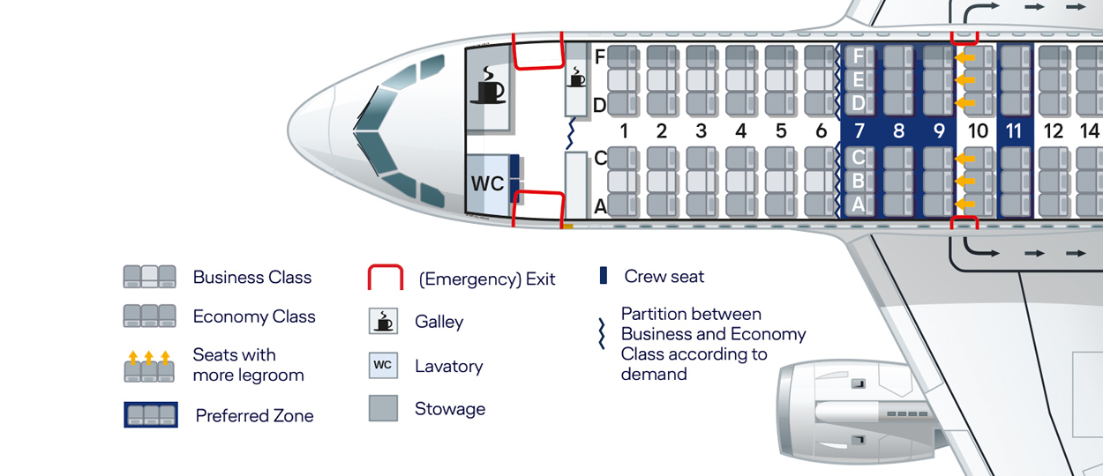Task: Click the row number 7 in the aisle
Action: pyautogui.click(x=859, y=131)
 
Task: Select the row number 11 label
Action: pyautogui.click(x=1014, y=131)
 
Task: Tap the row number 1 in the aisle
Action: pyautogui.click(x=623, y=131)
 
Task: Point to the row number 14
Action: pyautogui.click(x=1090, y=131)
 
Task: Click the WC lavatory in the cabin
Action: pyautogui.click(x=487, y=184)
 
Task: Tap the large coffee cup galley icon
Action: pyautogui.click(x=488, y=86)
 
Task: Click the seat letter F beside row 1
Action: pyautogui.click(x=600, y=57)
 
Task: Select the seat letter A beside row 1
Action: pyautogui.click(x=600, y=207)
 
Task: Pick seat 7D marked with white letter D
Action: pyautogui.click(x=859, y=103)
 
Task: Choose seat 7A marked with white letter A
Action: pyautogui.click(x=859, y=205)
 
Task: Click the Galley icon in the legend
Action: pyautogui.click(x=383, y=322)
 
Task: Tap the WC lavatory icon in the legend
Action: pyautogui.click(x=383, y=365)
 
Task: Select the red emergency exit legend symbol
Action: pyautogui.click(x=385, y=278)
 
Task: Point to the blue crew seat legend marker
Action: pyautogui.click(x=604, y=276)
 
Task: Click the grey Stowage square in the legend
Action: pyautogui.click(x=383, y=408)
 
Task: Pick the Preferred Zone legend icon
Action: pyautogui.click(x=151, y=414)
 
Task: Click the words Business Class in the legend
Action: pyautogui.click(x=252, y=278)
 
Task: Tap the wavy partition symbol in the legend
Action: pyautogui.click(x=603, y=334)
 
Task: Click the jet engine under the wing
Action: pyautogui.click(x=847, y=410)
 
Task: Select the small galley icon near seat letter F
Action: pyautogui.click(x=576, y=77)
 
